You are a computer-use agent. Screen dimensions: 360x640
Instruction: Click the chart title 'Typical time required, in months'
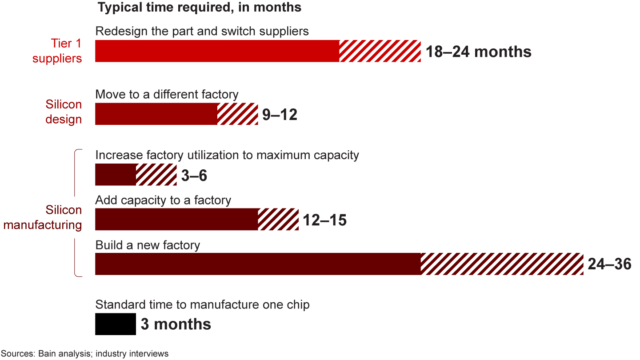199,8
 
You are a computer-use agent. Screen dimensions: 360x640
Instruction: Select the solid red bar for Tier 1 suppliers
217,51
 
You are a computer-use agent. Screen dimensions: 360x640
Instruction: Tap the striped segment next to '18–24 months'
380,51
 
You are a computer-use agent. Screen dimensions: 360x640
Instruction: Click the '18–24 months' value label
478,52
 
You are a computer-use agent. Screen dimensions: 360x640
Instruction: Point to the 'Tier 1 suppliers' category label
57,51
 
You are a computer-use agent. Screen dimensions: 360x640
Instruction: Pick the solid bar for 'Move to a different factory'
156,114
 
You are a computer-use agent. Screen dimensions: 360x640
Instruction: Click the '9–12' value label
279,115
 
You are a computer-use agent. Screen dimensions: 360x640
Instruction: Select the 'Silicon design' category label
64,112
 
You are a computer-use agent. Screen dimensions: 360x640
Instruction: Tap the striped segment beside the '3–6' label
156,175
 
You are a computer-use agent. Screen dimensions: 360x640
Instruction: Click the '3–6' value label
194,176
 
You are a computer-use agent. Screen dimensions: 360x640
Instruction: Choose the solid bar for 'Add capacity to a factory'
176,219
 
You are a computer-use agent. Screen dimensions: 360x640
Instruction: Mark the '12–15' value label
324,220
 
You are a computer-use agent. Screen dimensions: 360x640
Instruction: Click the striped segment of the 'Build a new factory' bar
502,264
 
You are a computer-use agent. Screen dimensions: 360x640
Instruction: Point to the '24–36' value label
609,264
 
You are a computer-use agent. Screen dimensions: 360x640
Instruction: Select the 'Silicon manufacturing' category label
43,217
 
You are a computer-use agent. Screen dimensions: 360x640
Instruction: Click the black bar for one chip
116,324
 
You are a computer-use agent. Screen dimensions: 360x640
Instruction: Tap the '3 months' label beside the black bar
176,324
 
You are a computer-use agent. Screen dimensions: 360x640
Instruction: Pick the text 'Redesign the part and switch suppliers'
202,32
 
